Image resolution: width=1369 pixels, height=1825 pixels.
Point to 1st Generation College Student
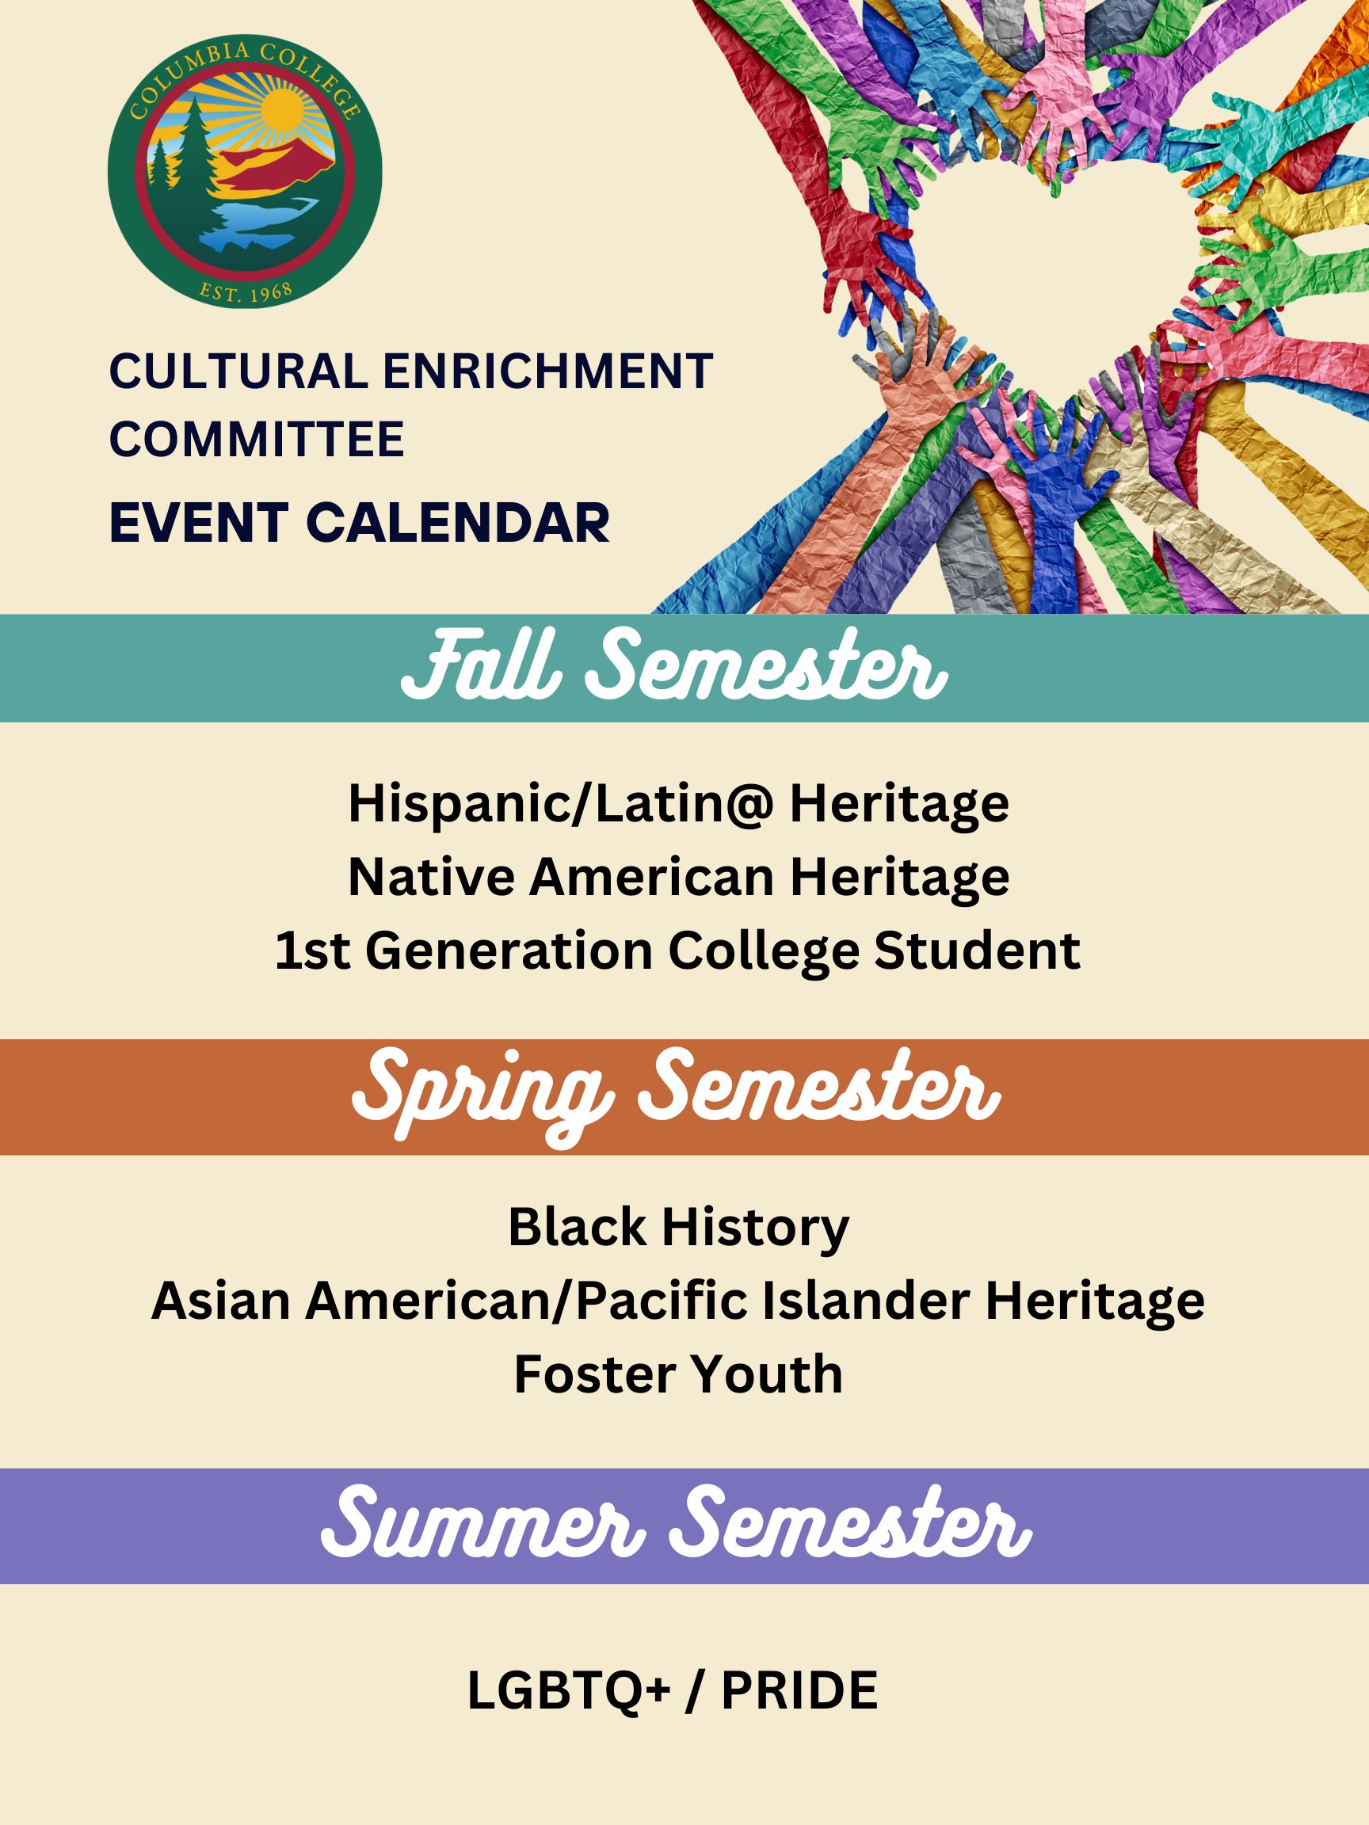tap(677, 950)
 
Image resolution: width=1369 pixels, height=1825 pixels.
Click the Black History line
tap(678, 1227)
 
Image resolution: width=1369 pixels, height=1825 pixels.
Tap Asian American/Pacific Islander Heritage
tap(678, 1301)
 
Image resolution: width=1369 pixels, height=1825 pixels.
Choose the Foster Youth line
tap(678, 1374)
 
